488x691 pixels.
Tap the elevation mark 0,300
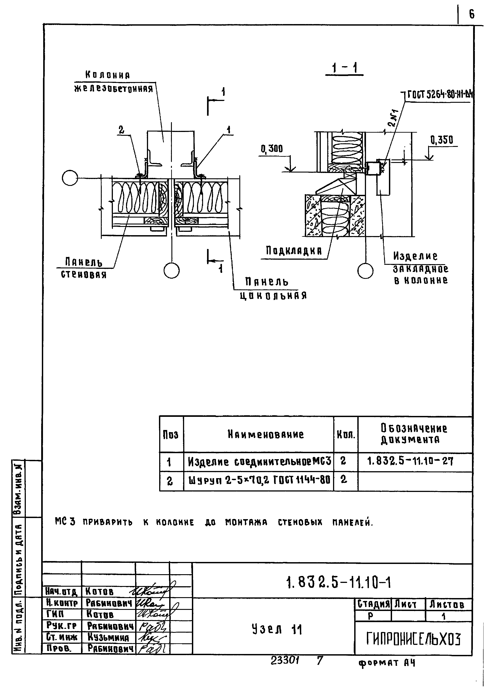[x=272, y=149]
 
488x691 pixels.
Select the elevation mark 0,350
[x=441, y=140]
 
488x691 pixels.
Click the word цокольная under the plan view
[x=273, y=296]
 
